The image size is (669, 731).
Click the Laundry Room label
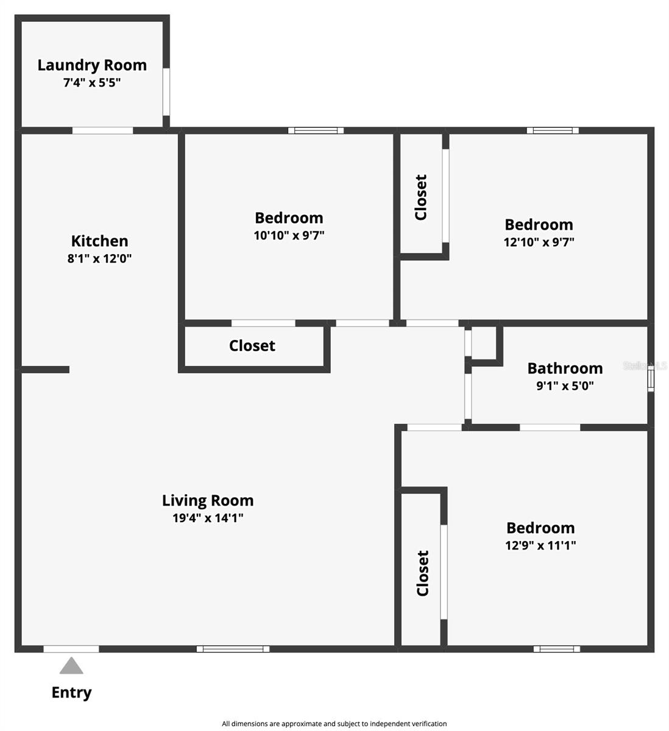click(x=92, y=66)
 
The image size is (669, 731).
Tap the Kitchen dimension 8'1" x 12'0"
click(x=99, y=258)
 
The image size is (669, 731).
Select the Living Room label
click(x=208, y=500)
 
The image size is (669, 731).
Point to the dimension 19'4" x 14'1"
click(x=208, y=518)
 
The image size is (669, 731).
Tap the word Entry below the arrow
click(x=71, y=693)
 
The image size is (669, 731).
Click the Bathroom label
click(x=565, y=369)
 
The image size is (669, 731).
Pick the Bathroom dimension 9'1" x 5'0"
click(x=565, y=386)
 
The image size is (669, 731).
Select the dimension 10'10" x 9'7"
click(x=289, y=235)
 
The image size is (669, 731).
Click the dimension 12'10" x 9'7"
click(x=539, y=242)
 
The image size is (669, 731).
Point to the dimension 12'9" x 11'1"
click(x=540, y=545)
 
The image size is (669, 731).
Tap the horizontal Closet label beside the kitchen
click(x=252, y=346)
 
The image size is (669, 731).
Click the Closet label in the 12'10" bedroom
click(x=421, y=197)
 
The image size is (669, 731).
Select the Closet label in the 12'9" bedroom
click(x=423, y=573)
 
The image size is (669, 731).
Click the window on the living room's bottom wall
click(x=233, y=649)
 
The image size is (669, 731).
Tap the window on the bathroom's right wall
click(x=651, y=379)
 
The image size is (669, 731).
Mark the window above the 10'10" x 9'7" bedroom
click(x=316, y=130)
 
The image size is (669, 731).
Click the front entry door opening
click(x=71, y=649)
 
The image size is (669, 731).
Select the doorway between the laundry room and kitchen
click(x=102, y=130)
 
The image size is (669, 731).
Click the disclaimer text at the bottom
click(x=334, y=724)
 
